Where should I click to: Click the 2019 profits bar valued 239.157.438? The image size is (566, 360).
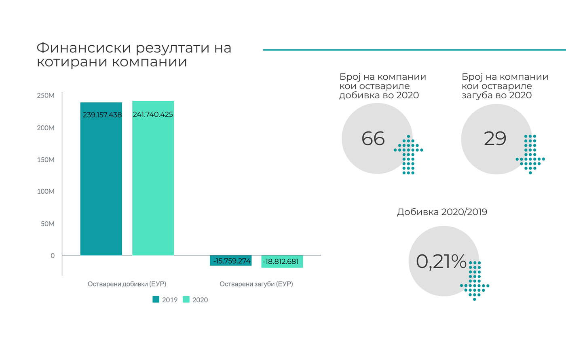101,182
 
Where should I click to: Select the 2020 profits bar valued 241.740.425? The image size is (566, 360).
153,182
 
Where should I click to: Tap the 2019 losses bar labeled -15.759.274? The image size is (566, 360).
231,260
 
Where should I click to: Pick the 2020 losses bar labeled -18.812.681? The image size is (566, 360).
282,261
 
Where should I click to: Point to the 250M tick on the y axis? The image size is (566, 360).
46,96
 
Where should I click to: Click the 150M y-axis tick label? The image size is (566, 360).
46,160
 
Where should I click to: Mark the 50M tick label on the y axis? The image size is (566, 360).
47,224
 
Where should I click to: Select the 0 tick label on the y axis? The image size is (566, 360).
53,256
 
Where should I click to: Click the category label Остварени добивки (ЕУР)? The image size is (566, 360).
127,284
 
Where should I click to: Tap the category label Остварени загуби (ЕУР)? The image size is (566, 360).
256,284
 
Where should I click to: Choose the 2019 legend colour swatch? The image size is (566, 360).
156,299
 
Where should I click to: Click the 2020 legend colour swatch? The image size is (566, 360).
186,299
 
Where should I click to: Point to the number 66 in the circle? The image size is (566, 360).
373,139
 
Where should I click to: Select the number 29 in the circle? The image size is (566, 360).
495,139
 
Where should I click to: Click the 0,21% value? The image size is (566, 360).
441,261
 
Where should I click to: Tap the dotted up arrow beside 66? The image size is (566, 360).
408,155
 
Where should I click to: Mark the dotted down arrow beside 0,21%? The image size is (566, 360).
475,281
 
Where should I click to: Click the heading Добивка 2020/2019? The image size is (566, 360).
442,212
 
